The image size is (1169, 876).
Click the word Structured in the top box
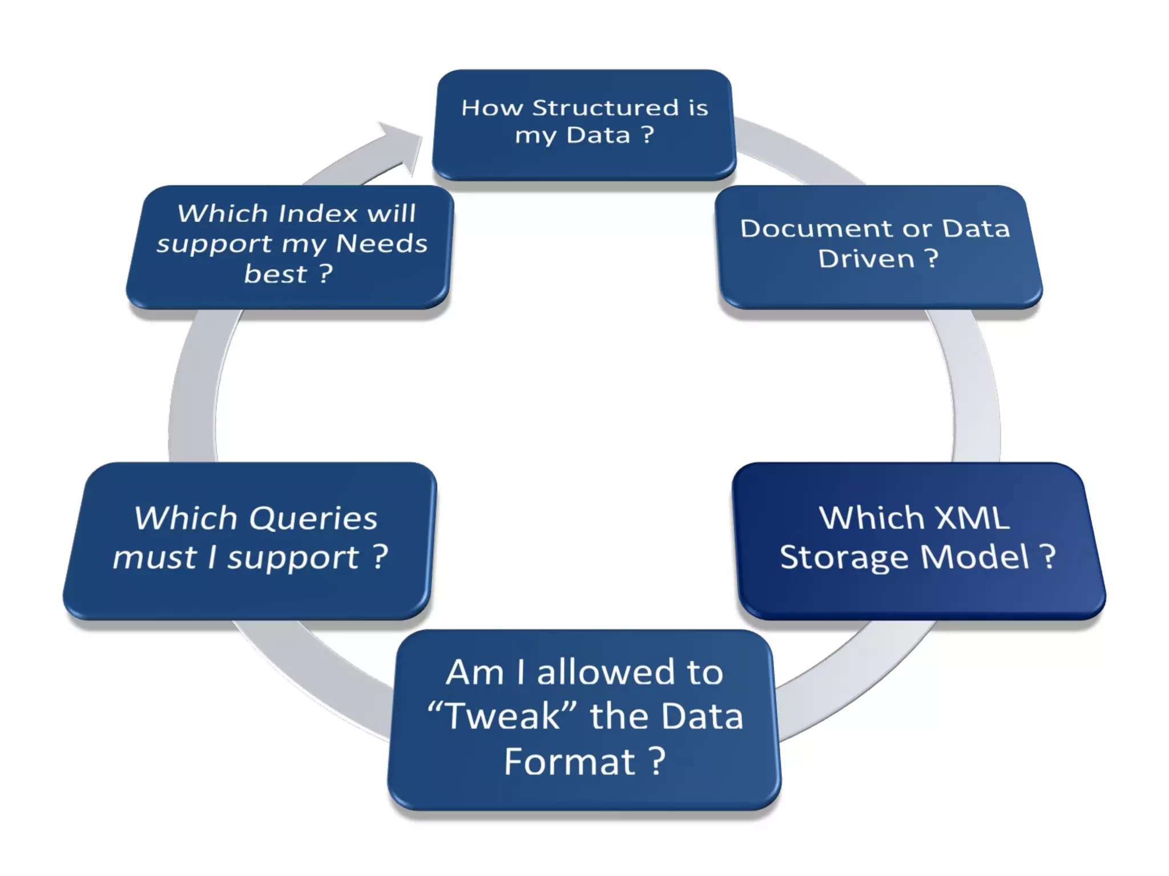tap(606, 107)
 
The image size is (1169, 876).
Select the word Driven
tap(866, 258)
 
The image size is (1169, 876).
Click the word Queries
tap(313, 518)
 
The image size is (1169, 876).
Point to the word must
tap(155, 557)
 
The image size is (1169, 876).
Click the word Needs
tap(381, 244)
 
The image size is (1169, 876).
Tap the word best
tap(275, 274)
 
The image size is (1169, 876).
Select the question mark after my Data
tap(647, 135)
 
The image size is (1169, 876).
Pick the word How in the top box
tap(492, 107)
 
